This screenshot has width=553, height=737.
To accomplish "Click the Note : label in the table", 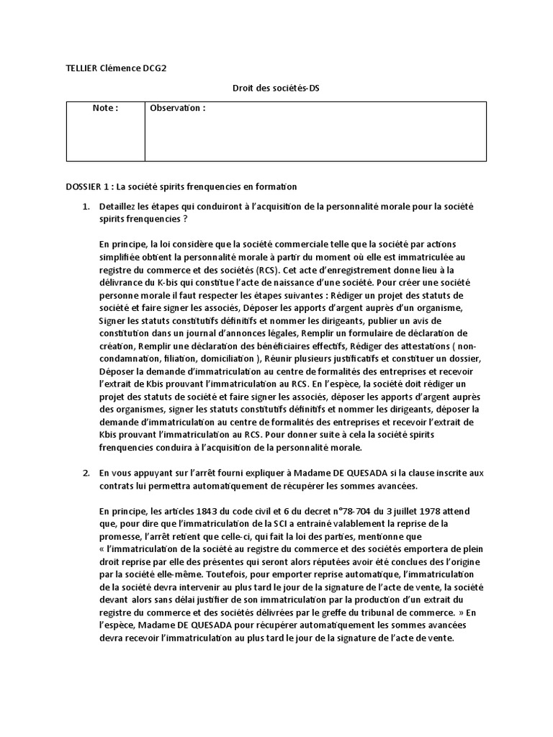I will point(105,108).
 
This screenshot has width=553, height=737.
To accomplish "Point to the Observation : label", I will point(178,108).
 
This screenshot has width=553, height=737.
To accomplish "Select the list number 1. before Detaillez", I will point(86,207).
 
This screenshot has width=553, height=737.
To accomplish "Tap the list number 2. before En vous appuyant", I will point(86,472).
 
